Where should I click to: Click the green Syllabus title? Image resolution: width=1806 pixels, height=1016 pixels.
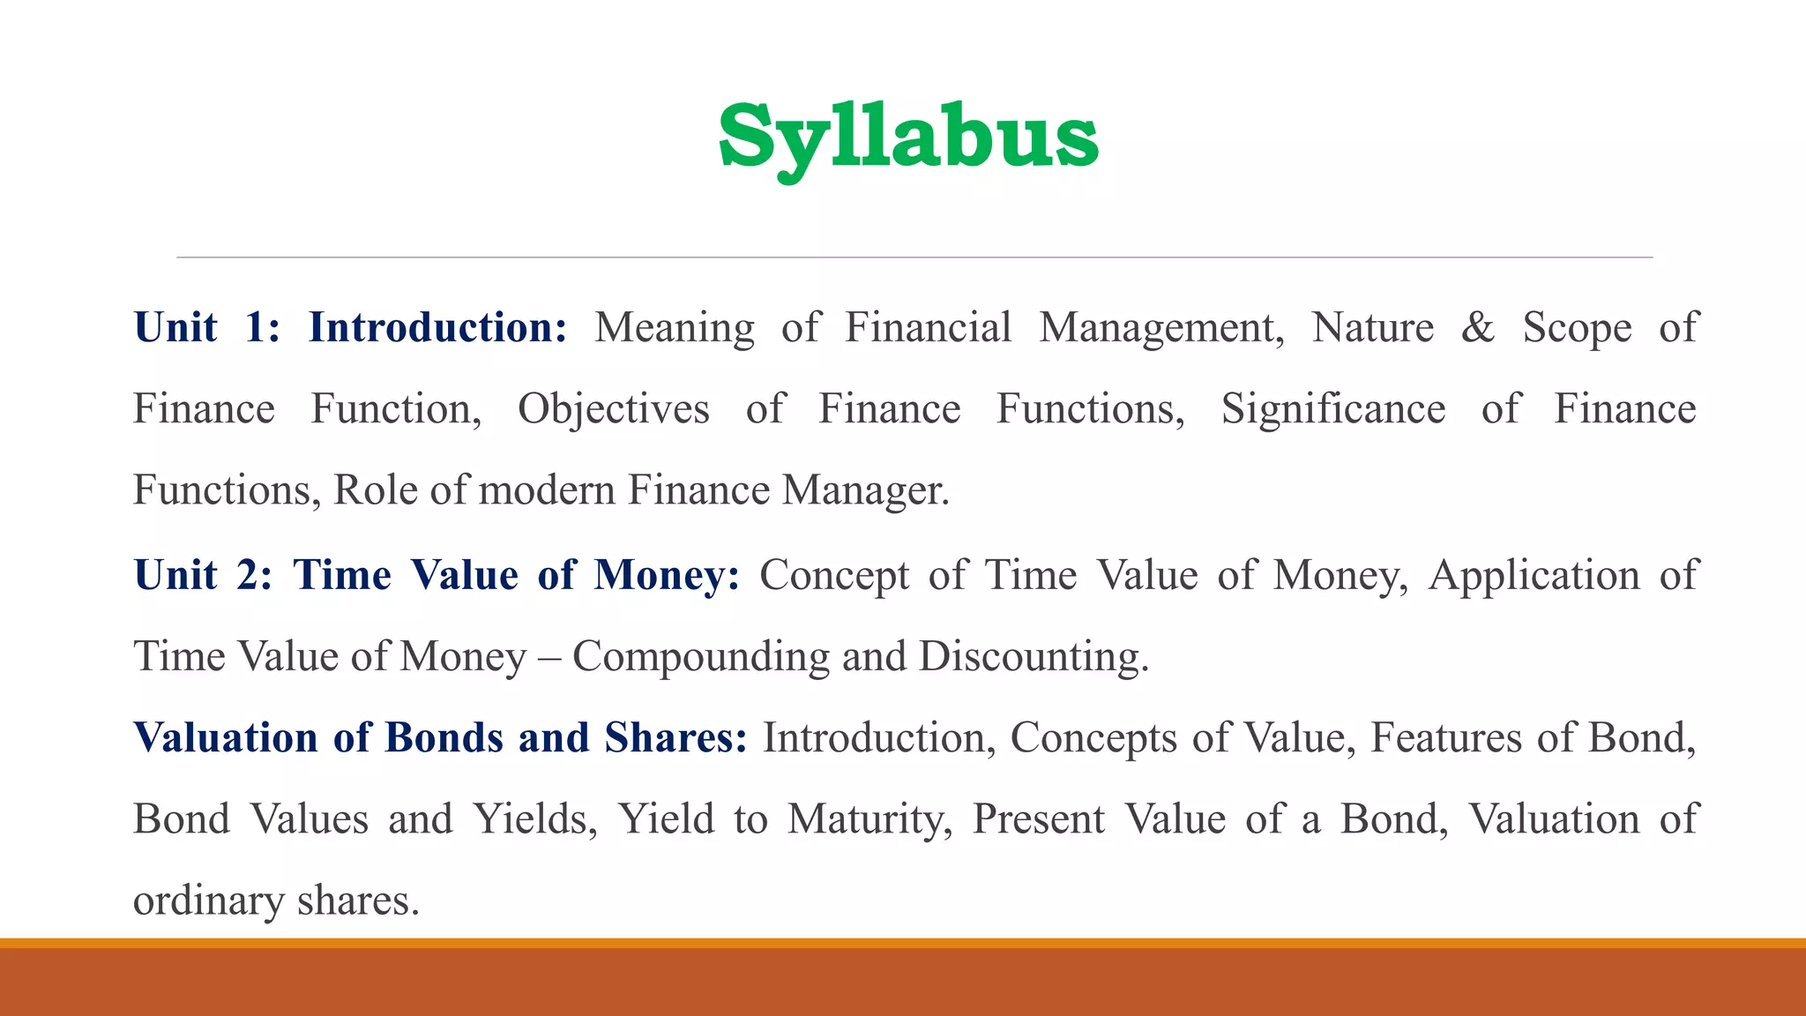click(908, 138)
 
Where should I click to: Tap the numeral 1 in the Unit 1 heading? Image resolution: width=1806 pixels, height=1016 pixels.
click(257, 327)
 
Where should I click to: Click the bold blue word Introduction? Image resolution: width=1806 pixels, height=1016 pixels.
click(437, 327)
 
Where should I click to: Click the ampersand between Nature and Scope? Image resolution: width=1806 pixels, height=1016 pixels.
click(1478, 327)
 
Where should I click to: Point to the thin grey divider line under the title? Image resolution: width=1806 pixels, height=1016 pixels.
click(914, 258)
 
